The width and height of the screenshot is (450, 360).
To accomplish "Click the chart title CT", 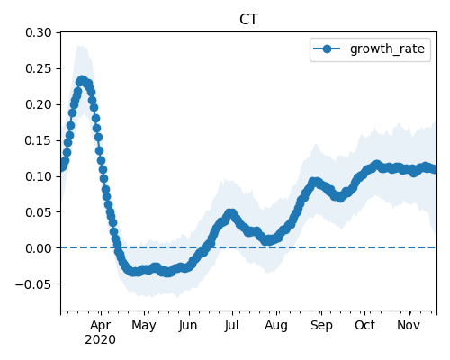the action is point(248,20).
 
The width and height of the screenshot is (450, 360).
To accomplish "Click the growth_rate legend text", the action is point(387,49).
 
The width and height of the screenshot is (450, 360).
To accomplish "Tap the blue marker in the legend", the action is point(327,49).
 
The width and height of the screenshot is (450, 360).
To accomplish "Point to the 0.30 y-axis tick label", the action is point(39,32).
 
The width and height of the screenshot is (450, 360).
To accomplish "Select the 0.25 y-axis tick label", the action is point(39,68).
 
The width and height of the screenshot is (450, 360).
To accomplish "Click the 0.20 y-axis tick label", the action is point(39,104).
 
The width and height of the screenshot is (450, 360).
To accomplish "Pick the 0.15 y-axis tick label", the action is point(39,140).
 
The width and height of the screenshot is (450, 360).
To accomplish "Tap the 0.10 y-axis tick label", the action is point(39,176).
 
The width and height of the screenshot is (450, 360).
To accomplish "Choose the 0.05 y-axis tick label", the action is point(39,212).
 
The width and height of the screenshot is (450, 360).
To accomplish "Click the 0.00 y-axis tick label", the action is point(39,248).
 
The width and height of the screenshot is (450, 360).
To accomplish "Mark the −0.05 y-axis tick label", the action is point(33,284).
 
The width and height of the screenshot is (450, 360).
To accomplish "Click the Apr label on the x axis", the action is point(101,326).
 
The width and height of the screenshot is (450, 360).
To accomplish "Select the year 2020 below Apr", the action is point(100,340).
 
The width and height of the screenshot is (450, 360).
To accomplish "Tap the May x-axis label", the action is point(144,326).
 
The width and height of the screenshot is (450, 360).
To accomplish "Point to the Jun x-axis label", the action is point(188,326).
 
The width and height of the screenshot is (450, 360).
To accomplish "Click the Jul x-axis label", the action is point(231,325).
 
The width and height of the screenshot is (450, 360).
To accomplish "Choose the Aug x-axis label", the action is point(276,326).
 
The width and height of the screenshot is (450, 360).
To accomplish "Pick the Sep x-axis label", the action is point(321,326).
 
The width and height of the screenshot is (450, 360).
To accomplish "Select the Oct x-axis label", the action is point(364,325).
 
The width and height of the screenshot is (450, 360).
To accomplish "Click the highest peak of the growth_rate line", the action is point(81,80).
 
